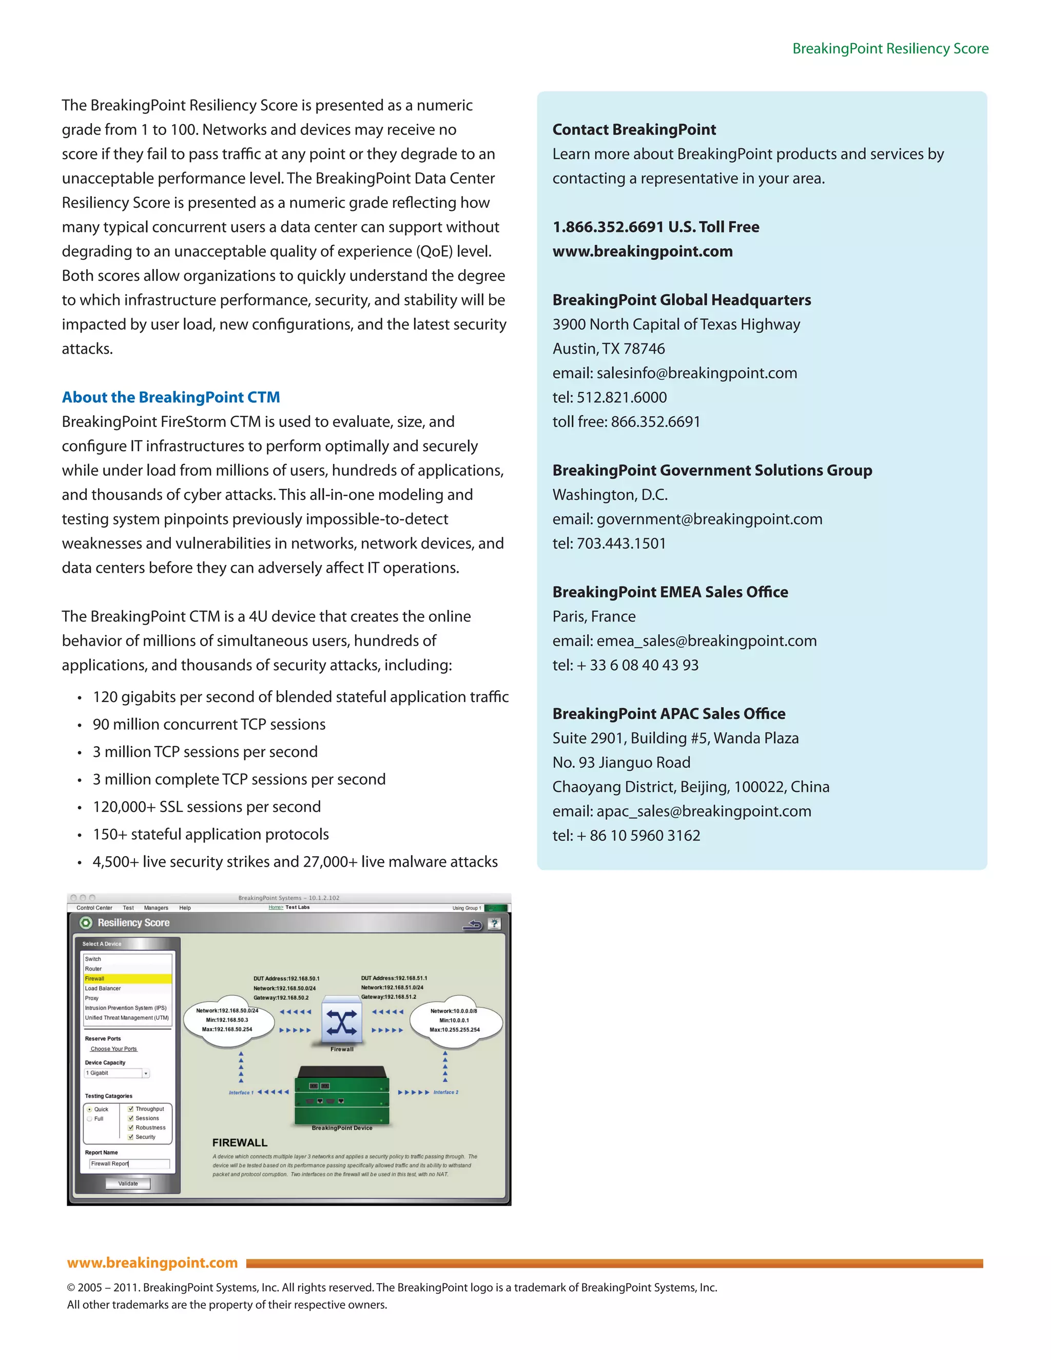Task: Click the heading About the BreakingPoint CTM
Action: point(170,397)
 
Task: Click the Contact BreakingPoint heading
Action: point(634,129)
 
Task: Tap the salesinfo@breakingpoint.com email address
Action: point(696,373)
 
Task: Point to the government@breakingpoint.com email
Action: point(709,519)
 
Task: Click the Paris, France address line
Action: point(593,616)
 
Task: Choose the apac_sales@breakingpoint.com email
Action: point(703,811)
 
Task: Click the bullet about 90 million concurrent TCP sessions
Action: point(208,724)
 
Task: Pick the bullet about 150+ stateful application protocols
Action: point(210,834)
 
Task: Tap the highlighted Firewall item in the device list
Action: point(127,978)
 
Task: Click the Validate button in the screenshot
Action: point(128,1183)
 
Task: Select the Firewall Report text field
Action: point(129,1163)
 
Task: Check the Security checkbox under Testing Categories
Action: point(131,1136)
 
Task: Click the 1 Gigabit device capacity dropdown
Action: point(117,1073)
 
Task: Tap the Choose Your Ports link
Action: point(113,1048)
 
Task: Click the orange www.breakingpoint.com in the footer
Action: point(152,1262)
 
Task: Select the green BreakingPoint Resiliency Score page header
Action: point(890,49)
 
